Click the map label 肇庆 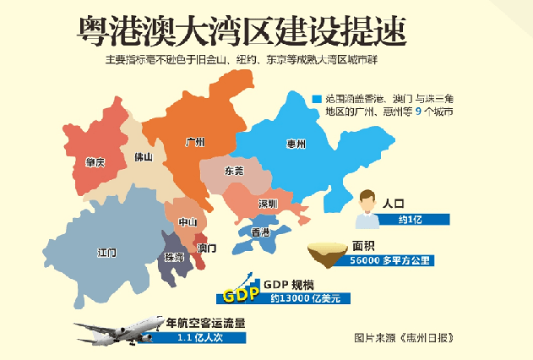pyautogui.click(x=95, y=161)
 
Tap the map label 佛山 pyautogui.click(x=143, y=157)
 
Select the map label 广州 pyautogui.click(x=195, y=142)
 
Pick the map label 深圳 pyautogui.click(x=269, y=204)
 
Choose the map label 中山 pyautogui.click(x=188, y=222)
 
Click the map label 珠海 pyautogui.click(x=174, y=256)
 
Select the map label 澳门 pyautogui.click(x=207, y=248)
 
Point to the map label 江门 pyautogui.click(x=107, y=252)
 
